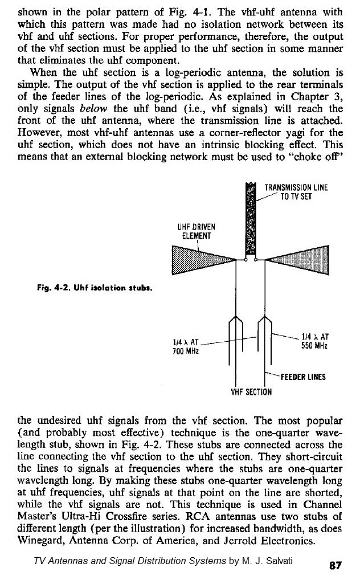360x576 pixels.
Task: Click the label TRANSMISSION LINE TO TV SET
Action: (x=296, y=192)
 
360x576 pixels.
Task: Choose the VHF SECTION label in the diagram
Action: (x=251, y=391)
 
